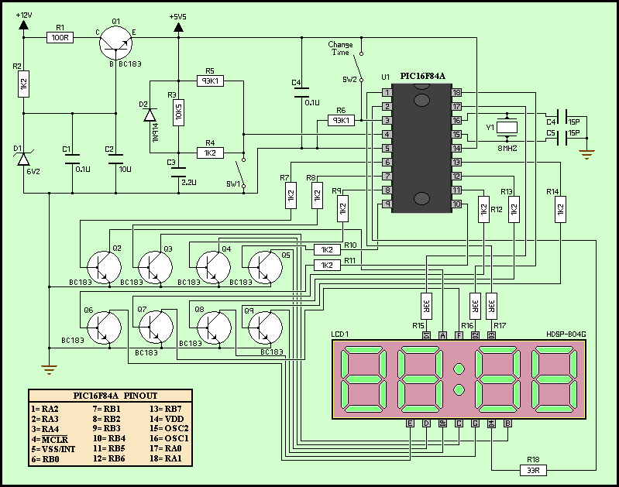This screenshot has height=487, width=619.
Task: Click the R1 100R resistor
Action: [60, 36]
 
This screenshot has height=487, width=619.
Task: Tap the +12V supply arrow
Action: [23, 25]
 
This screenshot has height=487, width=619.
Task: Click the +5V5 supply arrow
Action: [179, 28]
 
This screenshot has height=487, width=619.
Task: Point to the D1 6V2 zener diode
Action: [23, 159]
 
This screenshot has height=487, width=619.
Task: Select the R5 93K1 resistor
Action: [210, 81]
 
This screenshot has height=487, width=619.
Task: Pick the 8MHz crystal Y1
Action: [507, 127]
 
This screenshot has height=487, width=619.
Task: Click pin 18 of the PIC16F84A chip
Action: [457, 93]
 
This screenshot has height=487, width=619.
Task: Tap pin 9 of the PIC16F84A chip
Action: [387, 204]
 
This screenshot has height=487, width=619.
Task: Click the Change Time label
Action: [340, 49]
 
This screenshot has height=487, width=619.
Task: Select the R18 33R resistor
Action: [533, 468]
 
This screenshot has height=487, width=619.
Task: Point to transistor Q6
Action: [102, 326]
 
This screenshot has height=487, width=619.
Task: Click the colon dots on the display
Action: [459, 379]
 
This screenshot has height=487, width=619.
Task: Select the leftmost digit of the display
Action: [363, 380]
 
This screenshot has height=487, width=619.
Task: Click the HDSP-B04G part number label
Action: [566, 334]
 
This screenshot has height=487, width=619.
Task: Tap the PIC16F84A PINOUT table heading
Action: [108, 395]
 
